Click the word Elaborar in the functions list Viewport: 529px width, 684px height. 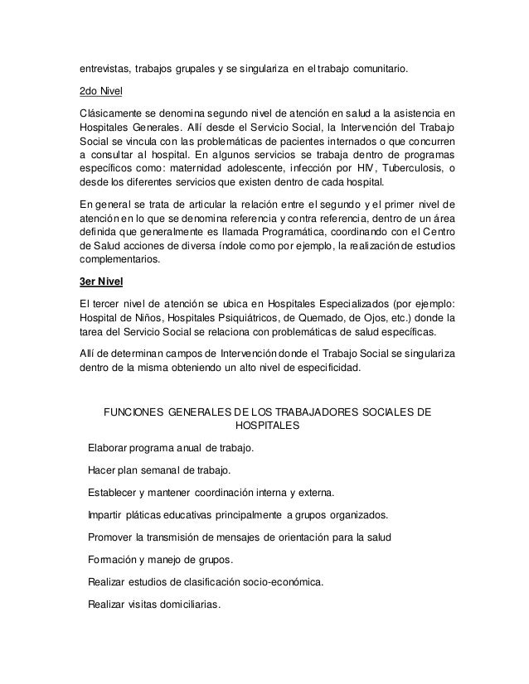click(107, 448)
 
